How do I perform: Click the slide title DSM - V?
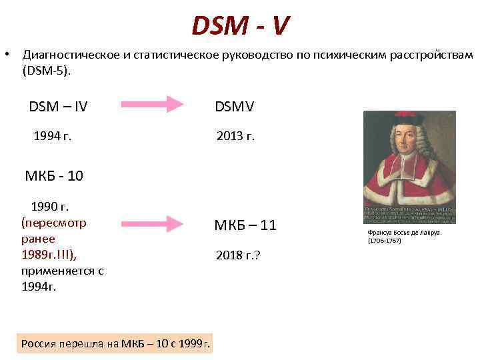240,26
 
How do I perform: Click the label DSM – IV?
59,107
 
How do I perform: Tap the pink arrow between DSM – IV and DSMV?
154,105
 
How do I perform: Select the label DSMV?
234,107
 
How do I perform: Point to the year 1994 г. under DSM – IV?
52,137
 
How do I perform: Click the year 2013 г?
235,137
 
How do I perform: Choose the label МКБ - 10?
55,177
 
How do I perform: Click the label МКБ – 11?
245,225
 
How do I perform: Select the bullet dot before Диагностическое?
6,54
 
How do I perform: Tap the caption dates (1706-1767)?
385,240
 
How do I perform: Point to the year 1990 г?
55,206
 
